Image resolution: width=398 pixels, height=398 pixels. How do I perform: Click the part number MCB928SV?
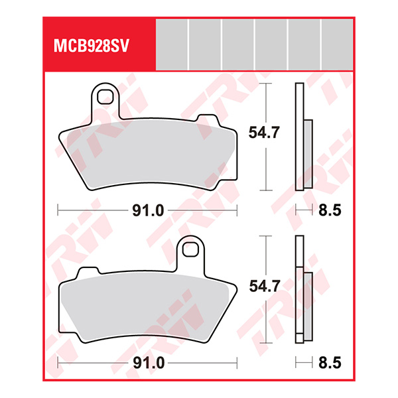pyautogui.click(x=90, y=47)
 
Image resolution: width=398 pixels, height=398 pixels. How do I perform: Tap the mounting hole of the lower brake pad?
pyautogui.click(x=192, y=250)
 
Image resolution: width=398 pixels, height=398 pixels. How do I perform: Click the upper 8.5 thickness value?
pyautogui.click(x=330, y=211)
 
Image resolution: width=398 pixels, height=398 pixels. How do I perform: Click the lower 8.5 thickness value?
pyautogui.click(x=330, y=364)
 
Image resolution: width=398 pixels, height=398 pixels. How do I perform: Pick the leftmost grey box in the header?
pyautogui.click(x=171, y=44)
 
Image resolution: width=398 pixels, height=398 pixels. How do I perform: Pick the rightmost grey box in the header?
pyautogui.click(x=337, y=44)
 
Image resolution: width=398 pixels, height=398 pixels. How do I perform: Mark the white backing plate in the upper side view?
pyautogui.click(x=299, y=136)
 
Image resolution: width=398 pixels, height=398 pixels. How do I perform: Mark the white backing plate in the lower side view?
pyautogui.click(x=299, y=289)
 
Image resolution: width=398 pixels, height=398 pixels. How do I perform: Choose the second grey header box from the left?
pyautogui.click(x=204, y=44)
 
